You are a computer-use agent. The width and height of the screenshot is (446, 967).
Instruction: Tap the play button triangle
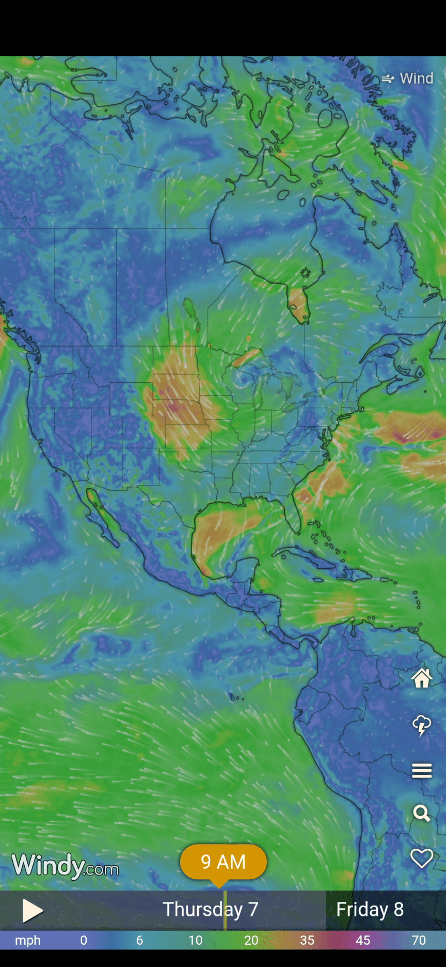pos(32,911)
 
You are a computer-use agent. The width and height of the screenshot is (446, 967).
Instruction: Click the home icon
pos(422,678)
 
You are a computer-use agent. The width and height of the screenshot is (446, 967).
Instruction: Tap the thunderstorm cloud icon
pos(422,725)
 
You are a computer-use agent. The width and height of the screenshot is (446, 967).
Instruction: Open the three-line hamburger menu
pos(422,771)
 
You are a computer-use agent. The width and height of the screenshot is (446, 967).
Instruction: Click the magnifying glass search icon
pos(422,814)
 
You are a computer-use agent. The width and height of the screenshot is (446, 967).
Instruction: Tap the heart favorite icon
pos(422,859)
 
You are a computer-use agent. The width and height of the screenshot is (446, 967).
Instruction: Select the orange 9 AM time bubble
pos(223,862)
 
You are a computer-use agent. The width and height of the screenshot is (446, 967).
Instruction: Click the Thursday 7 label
pos(211,909)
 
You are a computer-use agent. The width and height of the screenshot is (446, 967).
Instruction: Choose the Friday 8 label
pos(370,909)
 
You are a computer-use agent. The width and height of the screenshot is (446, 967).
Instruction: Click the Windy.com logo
pos(65,866)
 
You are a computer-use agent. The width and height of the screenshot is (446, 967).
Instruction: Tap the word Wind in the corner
pos(416,78)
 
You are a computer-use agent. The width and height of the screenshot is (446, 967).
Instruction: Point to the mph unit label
pos(28,940)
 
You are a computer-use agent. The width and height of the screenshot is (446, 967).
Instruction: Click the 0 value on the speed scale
pos(84,940)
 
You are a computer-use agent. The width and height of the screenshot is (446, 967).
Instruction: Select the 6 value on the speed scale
pos(139,940)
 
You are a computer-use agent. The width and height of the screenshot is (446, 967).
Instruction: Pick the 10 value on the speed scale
pos(195,940)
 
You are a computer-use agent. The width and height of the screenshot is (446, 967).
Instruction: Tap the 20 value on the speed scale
pos(251,940)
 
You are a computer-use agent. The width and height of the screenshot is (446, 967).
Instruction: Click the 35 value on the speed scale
pos(307,940)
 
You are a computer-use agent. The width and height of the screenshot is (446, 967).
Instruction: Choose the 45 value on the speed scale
pos(363,940)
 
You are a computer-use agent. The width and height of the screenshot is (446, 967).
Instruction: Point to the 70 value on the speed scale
pos(419,940)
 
